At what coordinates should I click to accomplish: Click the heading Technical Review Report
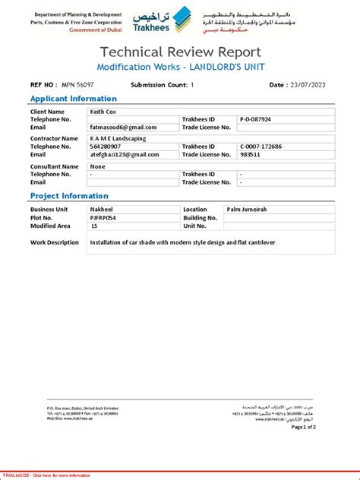point(180,52)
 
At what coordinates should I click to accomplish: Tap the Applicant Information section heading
point(73,99)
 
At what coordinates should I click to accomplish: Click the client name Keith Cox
point(105,112)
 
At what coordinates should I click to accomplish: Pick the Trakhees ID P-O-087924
point(255,119)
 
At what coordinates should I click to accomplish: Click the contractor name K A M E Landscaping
point(120,139)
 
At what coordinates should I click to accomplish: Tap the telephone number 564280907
point(105,147)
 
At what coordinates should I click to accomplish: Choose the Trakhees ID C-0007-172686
point(261,147)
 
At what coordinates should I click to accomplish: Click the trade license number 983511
point(250,154)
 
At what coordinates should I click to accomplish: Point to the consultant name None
point(97,166)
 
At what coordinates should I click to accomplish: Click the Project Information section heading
point(69,196)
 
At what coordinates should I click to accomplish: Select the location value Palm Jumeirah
point(248,209)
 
